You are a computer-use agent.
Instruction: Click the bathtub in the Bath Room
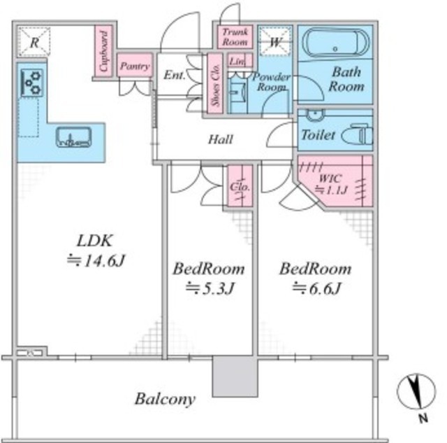(335, 43)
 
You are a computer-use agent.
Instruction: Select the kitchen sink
(74, 137)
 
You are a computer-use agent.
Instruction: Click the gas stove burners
(32, 83)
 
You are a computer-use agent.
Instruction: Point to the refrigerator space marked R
(34, 42)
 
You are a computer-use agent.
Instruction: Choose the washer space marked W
(275, 42)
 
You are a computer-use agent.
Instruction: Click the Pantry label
(135, 66)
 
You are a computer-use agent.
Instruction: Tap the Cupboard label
(104, 51)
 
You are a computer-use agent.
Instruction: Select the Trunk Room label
(235, 37)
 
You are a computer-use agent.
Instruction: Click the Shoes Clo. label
(215, 85)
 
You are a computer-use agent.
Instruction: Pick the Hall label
(221, 139)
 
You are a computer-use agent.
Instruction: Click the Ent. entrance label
(175, 75)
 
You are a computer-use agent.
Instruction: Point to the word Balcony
(165, 399)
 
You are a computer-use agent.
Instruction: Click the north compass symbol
(416, 392)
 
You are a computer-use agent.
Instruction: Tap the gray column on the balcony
(235, 376)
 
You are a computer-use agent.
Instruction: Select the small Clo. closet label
(240, 187)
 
